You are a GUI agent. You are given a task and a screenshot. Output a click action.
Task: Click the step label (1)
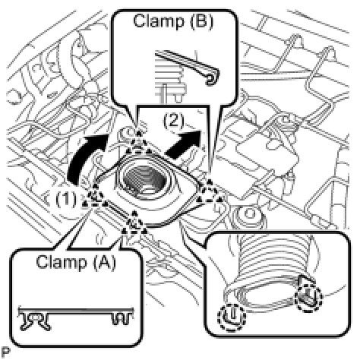point(66,199)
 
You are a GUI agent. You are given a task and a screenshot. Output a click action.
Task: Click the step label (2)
point(174,121)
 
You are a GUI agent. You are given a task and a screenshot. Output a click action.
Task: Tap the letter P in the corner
point(5,352)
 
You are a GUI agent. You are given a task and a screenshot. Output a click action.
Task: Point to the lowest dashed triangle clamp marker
point(134,223)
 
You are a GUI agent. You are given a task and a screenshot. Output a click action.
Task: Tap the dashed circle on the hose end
point(309,298)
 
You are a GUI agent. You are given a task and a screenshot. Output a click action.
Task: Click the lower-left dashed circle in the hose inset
point(232,317)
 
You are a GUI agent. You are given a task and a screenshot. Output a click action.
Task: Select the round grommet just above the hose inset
point(250,217)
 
